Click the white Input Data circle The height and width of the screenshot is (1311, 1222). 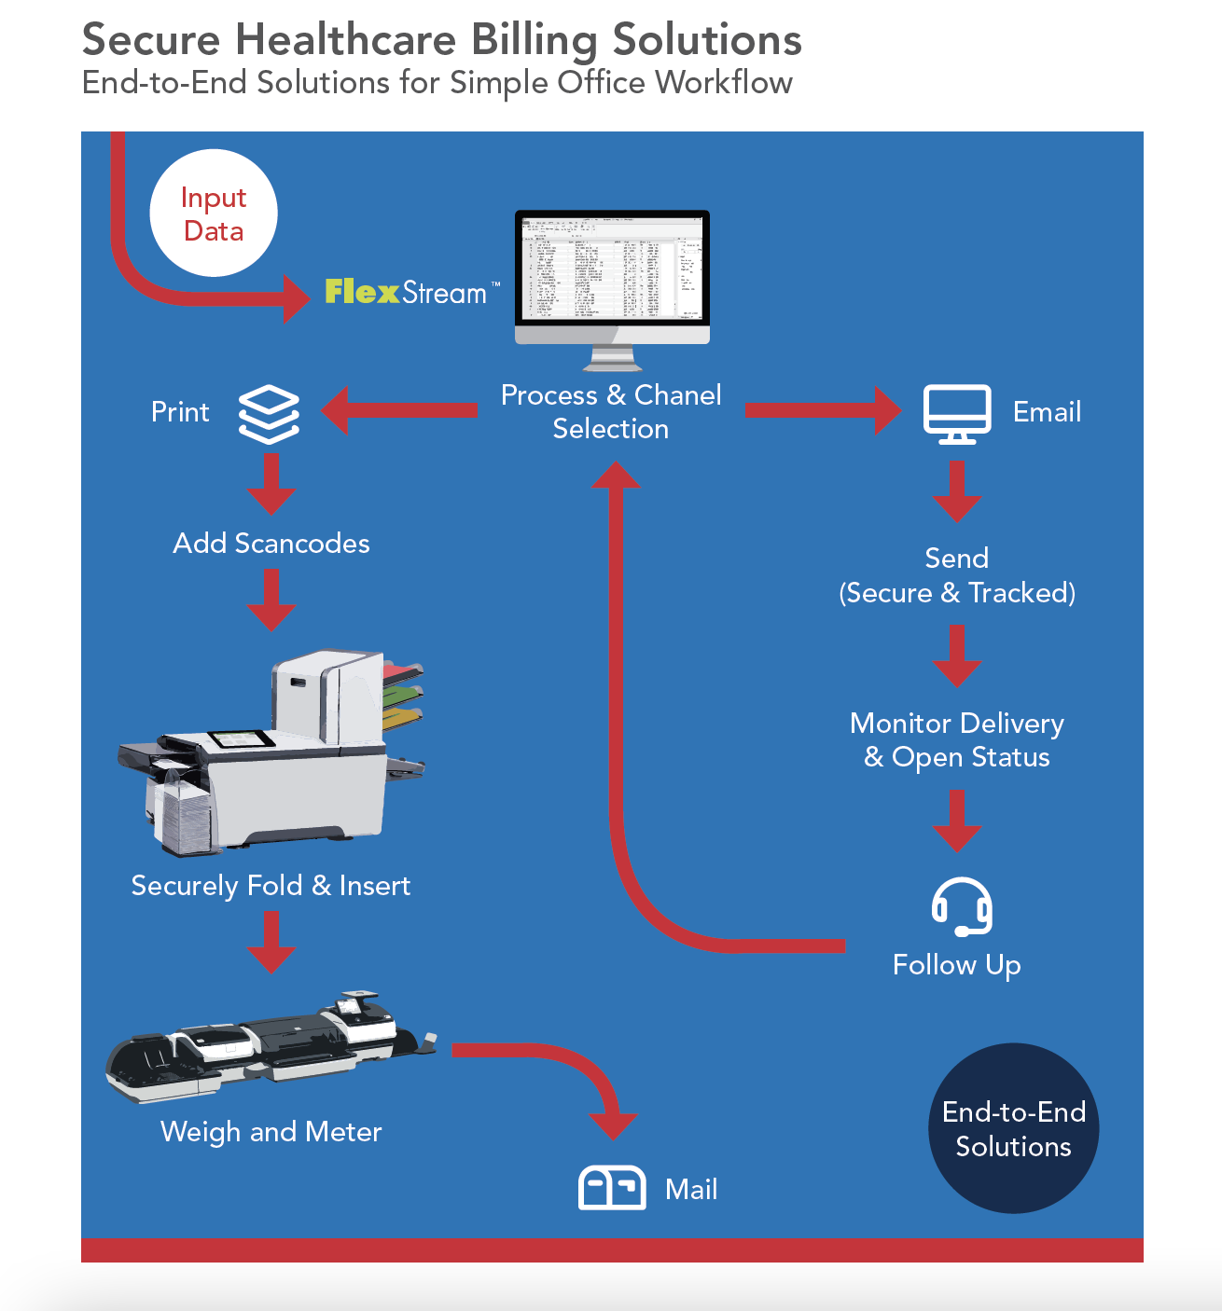pyautogui.click(x=214, y=214)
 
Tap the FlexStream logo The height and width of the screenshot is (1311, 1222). pyautogui.click(x=407, y=292)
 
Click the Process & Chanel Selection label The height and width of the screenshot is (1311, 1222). pyautogui.click(x=611, y=411)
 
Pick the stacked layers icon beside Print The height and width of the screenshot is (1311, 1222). pyautogui.click(x=269, y=413)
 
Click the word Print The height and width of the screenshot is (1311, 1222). pyautogui.click(x=180, y=412)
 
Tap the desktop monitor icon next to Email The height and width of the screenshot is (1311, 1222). pyautogui.click(x=956, y=413)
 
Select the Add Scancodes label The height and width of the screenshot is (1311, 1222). pyautogui.click(x=271, y=544)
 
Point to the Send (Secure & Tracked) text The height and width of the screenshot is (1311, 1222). pyautogui.click(x=957, y=575)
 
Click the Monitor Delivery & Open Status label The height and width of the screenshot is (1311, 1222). pyautogui.click(x=957, y=740)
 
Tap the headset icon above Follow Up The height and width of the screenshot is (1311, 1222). pyautogui.click(x=961, y=905)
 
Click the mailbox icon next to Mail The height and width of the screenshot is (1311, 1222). pyautogui.click(x=612, y=1188)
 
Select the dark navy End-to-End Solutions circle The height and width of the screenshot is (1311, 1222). pyautogui.click(x=1013, y=1128)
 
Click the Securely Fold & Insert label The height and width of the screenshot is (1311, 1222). pyautogui.click(x=271, y=886)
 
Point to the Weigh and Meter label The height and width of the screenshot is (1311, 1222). pyautogui.click(x=271, y=1132)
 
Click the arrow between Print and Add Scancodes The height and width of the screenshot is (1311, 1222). pyautogui.click(x=271, y=483)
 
